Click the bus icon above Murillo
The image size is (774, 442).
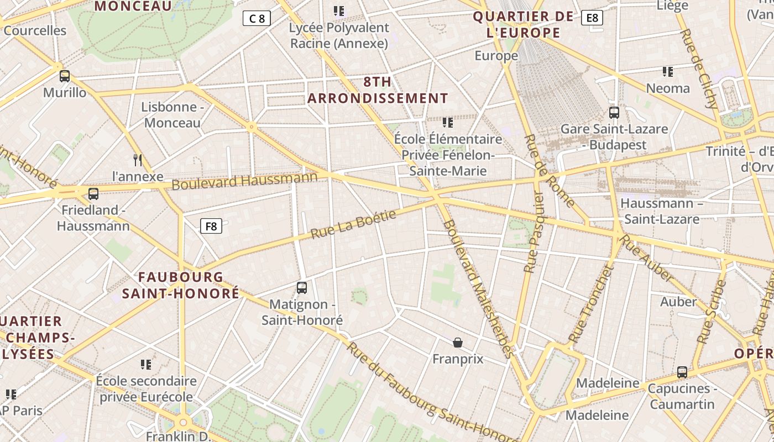click(x=65, y=76)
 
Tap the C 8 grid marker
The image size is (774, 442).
click(x=257, y=18)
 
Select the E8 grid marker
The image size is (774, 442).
click(x=592, y=18)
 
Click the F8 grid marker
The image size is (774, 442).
click(x=211, y=225)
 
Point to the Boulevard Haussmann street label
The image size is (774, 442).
click(x=244, y=180)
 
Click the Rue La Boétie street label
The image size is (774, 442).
click(x=354, y=224)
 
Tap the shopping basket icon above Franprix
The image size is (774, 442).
click(x=458, y=343)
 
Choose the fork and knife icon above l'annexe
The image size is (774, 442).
click(x=138, y=160)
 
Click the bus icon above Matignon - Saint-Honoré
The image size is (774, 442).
click(x=302, y=287)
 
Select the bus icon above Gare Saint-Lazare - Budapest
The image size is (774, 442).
click(x=614, y=113)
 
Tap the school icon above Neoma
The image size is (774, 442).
click(x=668, y=72)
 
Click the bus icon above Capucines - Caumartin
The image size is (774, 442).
click(x=682, y=372)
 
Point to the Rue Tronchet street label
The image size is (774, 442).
click(x=591, y=303)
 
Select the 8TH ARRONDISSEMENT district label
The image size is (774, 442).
click(x=378, y=91)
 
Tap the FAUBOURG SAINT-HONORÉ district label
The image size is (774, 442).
click(x=181, y=285)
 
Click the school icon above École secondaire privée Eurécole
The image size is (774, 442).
click(x=146, y=365)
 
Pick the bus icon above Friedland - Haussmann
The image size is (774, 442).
click(x=93, y=193)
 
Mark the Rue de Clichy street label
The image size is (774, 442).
click(x=699, y=69)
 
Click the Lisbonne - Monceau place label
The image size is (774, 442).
click(x=172, y=115)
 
